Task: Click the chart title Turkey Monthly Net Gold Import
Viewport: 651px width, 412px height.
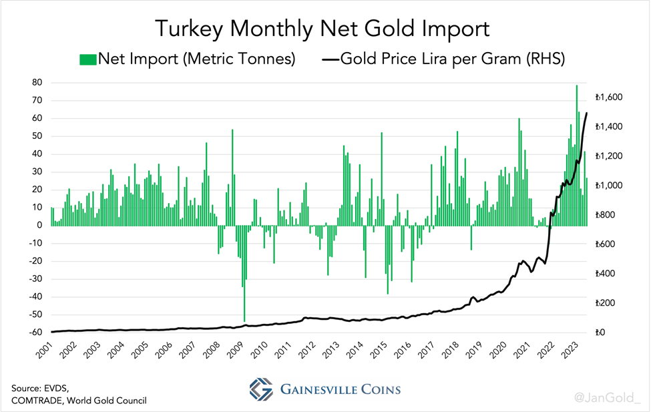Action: tap(322, 28)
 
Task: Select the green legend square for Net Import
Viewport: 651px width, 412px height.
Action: tap(87, 59)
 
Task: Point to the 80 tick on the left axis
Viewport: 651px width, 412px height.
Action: tap(37, 83)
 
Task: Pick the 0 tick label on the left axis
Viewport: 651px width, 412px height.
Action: tap(40, 225)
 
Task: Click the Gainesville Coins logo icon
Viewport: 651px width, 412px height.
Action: tap(261, 389)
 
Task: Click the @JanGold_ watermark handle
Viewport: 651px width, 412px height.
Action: tap(606, 398)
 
